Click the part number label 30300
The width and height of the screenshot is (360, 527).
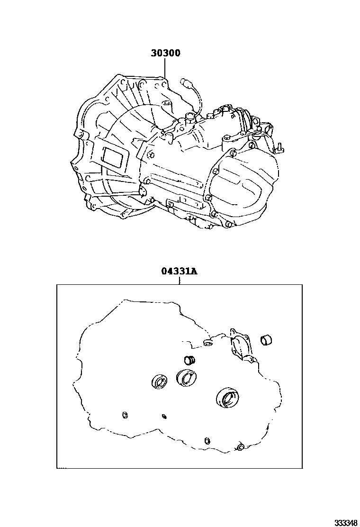pyautogui.click(x=165, y=53)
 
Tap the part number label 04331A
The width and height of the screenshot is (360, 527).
pyautogui.click(x=179, y=271)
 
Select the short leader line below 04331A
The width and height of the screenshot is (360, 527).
pyautogui.click(x=180, y=280)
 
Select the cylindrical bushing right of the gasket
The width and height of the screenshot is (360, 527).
pyautogui.click(x=266, y=340)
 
